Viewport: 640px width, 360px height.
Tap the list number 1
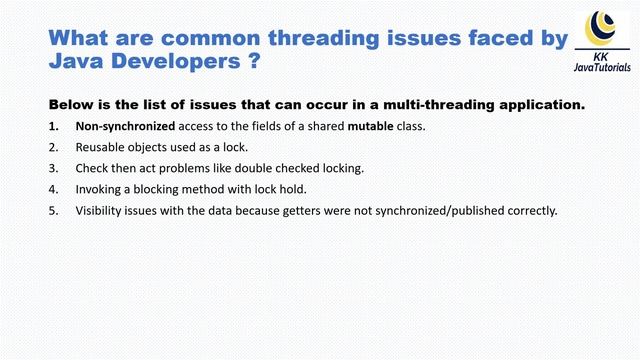(x=52, y=126)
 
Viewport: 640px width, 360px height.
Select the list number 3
(x=52, y=168)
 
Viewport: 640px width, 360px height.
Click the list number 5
(x=52, y=210)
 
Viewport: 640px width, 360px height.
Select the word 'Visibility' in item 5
(x=100, y=210)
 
